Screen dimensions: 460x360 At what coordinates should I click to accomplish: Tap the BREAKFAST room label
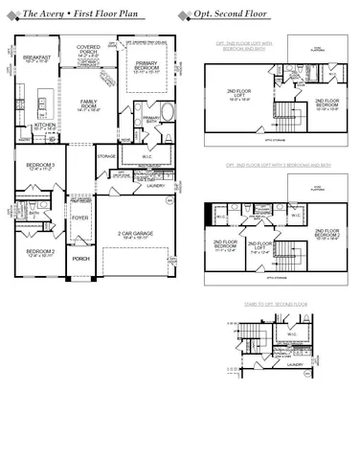coord(36,57)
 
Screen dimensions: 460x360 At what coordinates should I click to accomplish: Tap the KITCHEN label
coord(45,126)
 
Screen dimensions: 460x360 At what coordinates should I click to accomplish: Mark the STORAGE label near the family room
coord(106,155)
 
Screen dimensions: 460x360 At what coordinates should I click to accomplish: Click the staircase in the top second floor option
coord(287,120)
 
